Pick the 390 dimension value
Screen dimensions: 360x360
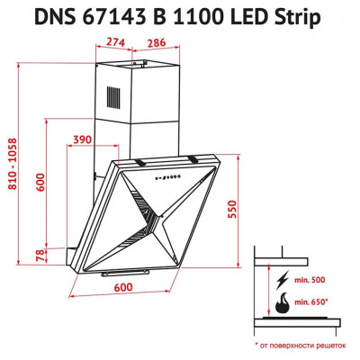pyautogui.click(x=82, y=139)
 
